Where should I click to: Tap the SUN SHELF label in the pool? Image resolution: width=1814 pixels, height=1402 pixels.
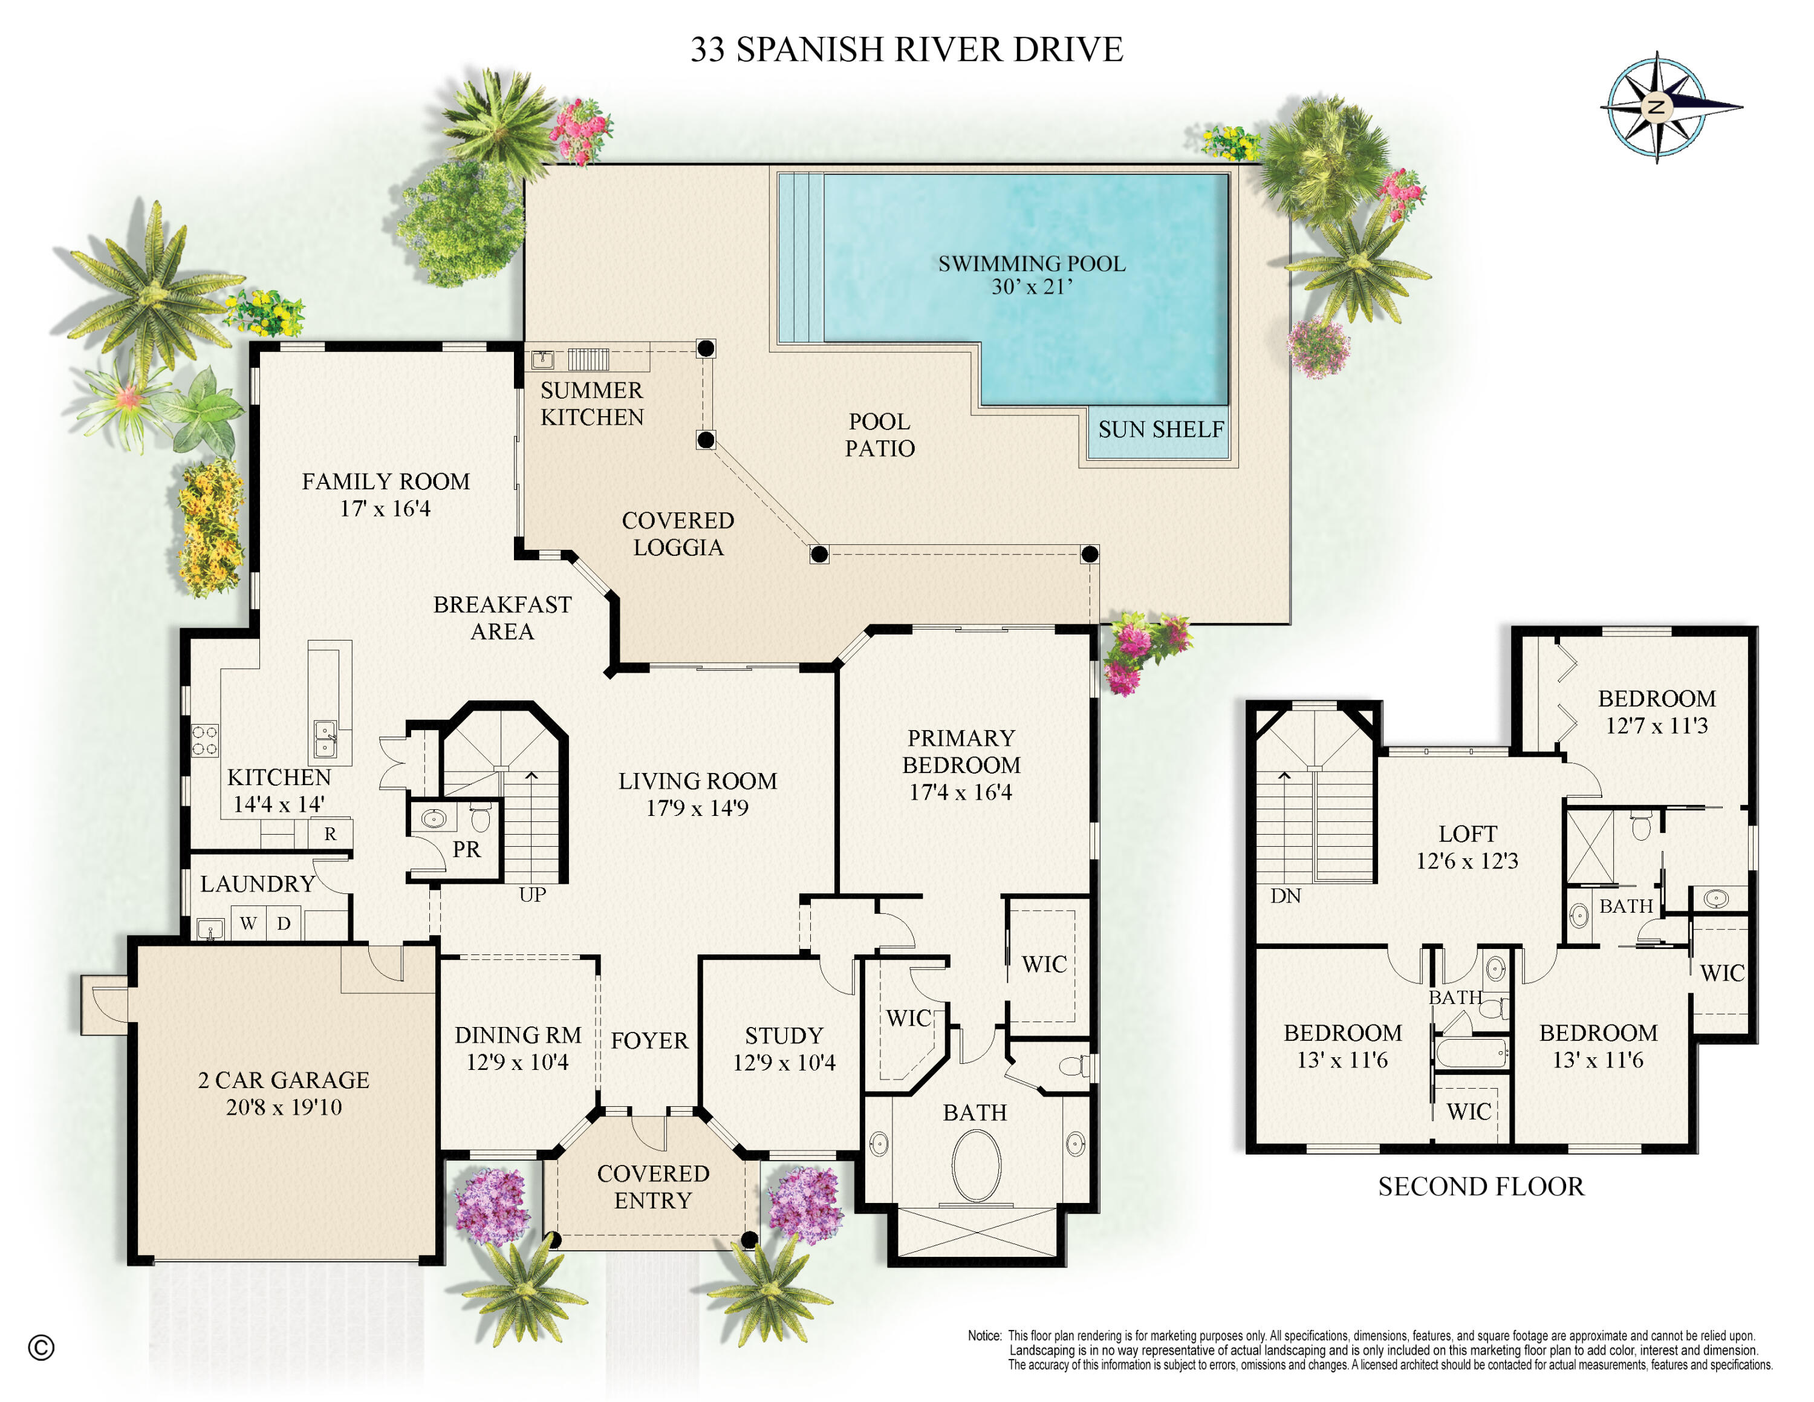point(1160,429)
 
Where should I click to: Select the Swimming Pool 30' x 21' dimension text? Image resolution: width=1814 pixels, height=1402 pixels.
point(1032,287)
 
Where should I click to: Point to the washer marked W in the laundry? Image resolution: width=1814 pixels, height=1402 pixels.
point(247,923)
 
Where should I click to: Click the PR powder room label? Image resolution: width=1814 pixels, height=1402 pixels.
point(466,849)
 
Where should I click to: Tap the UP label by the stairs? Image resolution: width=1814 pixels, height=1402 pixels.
point(532,895)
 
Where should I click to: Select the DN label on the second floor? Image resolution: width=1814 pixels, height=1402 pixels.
point(1285,895)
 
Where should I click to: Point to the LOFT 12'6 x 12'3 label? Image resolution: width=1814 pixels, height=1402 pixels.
point(1467,846)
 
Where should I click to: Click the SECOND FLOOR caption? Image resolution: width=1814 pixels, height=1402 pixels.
point(1480,1186)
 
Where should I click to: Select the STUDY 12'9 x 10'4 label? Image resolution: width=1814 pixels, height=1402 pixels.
point(783,1048)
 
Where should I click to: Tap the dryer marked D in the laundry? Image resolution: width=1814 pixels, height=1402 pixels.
point(283,923)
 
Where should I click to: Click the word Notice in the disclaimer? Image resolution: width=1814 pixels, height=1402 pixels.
point(984,1335)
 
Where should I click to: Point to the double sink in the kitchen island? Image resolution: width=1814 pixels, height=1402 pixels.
point(325,739)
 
